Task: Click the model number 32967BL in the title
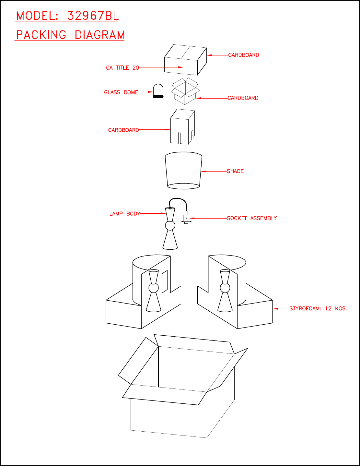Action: pos(93,16)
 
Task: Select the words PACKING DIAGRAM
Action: pos(70,35)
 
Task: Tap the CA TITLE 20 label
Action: pos(122,68)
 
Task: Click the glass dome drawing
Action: pos(158,91)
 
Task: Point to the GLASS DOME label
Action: pos(121,92)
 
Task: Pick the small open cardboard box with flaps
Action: pos(185,91)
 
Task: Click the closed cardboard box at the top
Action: pos(185,60)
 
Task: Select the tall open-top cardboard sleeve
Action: pos(182,127)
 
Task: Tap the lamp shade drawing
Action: pos(183,171)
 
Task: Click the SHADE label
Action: pos(235,171)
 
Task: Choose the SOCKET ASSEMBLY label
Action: pos(252,219)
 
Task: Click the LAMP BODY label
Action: pos(125,214)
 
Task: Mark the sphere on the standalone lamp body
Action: pos(170,225)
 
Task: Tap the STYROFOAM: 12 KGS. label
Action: pos(318,309)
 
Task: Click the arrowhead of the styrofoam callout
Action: pos(275,309)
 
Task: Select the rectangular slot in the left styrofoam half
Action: pos(165,281)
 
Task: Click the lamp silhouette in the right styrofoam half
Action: pos(225,290)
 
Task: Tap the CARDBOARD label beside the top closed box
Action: pos(244,55)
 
